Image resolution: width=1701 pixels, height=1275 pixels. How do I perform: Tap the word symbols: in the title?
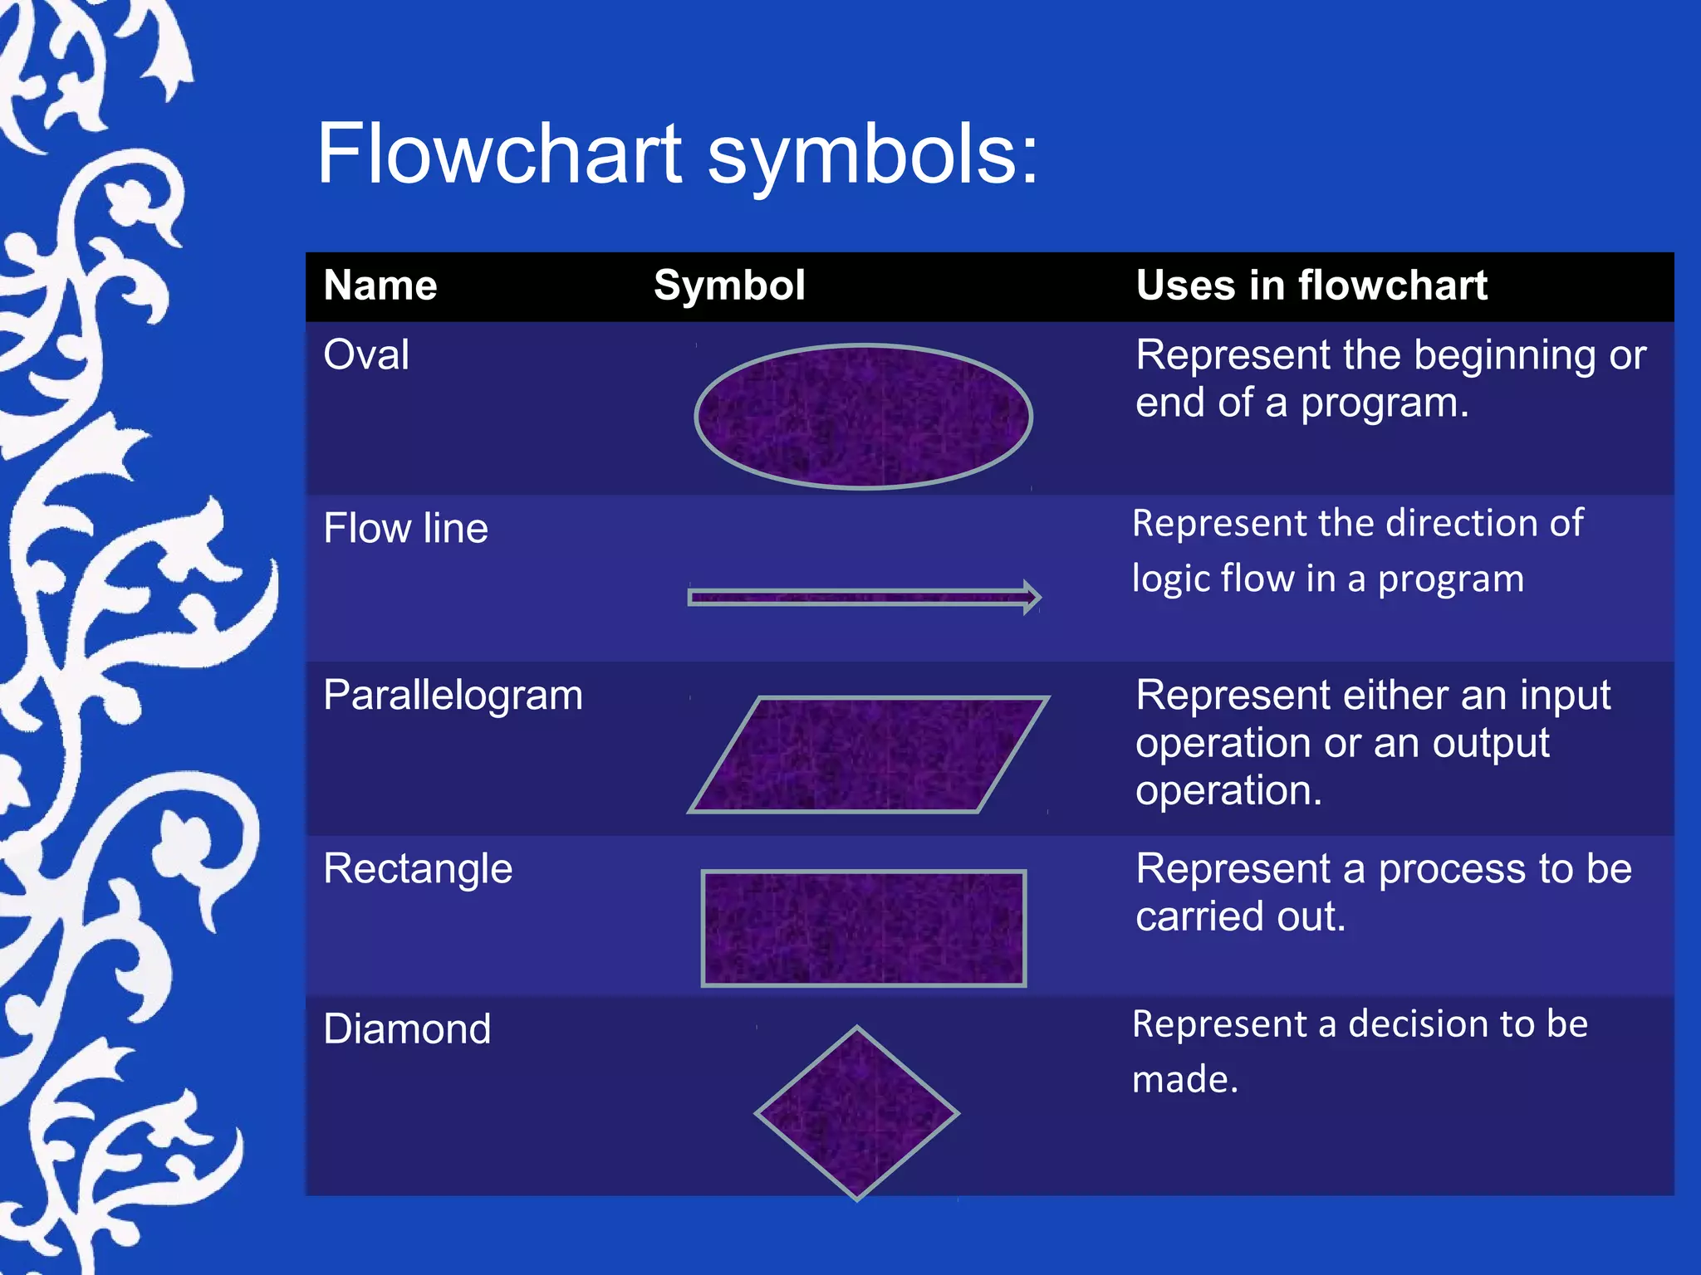pos(872,156)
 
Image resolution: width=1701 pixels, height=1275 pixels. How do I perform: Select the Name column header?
pos(380,286)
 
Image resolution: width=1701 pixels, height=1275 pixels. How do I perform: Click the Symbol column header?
pos(729,286)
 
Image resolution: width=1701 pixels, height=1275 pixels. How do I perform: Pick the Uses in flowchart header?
pos(1311,286)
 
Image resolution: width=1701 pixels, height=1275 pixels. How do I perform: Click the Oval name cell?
pos(366,355)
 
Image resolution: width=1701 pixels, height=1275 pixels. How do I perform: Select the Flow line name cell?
pos(405,529)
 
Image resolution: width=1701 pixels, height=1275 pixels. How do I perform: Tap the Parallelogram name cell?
pos(453,696)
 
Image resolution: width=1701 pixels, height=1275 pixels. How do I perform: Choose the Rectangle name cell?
pos(418,869)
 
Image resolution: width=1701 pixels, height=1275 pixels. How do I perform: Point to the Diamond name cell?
pos(407,1029)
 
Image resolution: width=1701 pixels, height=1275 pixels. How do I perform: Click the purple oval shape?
pos(863,416)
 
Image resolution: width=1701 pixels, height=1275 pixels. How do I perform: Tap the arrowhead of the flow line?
pos(1032,597)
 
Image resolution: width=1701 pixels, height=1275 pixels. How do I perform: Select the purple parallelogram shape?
pos(868,755)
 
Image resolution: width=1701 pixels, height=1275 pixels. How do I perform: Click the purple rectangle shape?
pos(864,928)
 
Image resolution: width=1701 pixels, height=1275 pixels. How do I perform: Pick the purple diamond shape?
pos(857,1113)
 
